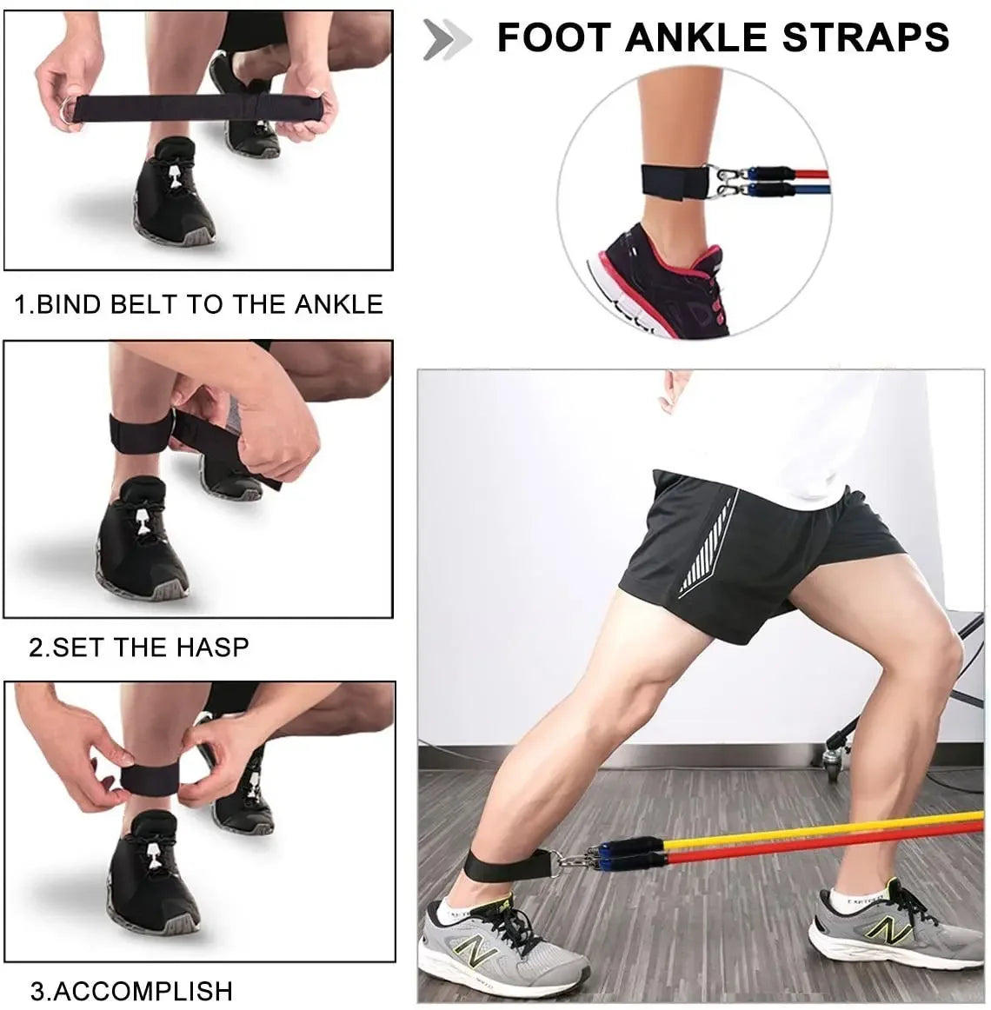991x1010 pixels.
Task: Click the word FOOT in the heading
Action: (x=551, y=37)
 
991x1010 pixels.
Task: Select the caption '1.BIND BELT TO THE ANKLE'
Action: (x=198, y=304)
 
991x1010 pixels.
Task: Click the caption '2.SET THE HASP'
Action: (x=139, y=647)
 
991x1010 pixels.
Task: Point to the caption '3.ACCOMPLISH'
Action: (x=132, y=990)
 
